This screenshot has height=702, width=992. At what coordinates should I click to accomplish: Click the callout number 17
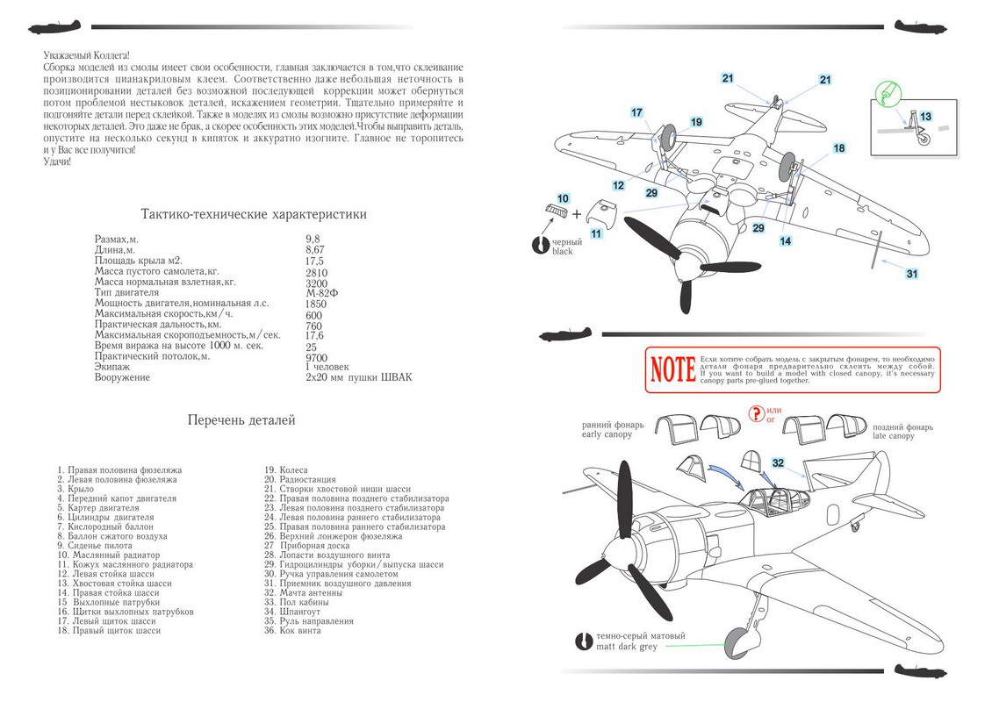click(x=637, y=112)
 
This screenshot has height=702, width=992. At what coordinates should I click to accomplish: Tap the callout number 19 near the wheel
click(x=696, y=122)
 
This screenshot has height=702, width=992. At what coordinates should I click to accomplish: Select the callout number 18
click(x=839, y=148)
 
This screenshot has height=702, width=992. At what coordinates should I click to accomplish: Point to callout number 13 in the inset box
click(x=925, y=116)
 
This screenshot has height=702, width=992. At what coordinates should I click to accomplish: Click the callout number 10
click(x=563, y=198)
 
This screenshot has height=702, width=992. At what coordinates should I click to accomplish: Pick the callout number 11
click(x=595, y=234)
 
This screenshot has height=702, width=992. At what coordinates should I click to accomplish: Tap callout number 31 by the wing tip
click(x=912, y=274)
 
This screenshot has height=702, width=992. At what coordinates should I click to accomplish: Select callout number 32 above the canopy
click(x=778, y=462)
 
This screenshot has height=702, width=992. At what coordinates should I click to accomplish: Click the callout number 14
click(x=785, y=240)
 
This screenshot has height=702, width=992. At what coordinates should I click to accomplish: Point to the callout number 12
click(x=619, y=186)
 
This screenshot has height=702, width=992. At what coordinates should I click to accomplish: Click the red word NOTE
click(x=672, y=369)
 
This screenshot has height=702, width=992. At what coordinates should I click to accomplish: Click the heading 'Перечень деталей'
click(x=241, y=420)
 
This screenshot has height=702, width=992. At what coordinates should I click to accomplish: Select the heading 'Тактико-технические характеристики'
click(x=254, y=215)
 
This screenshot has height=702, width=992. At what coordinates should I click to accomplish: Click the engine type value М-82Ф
click(x=320, y=294)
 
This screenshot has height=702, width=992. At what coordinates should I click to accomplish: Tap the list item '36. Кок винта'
click(x=299, y=631)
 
